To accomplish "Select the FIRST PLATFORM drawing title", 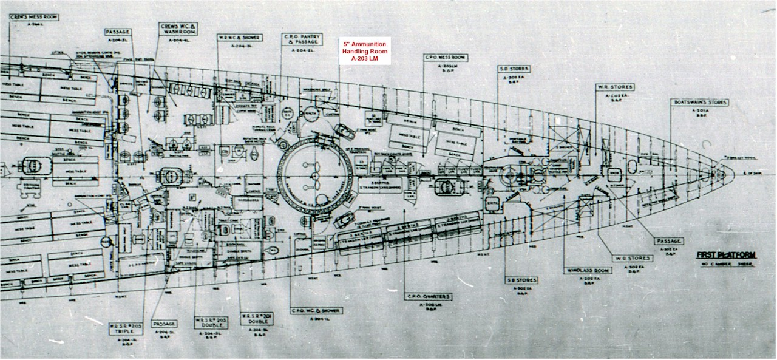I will point(726,257).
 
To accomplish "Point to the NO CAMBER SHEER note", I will point(725,266).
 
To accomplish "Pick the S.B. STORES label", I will point(521,280).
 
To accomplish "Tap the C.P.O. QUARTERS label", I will point(429,297).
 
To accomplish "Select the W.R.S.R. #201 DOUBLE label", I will point(254,318).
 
